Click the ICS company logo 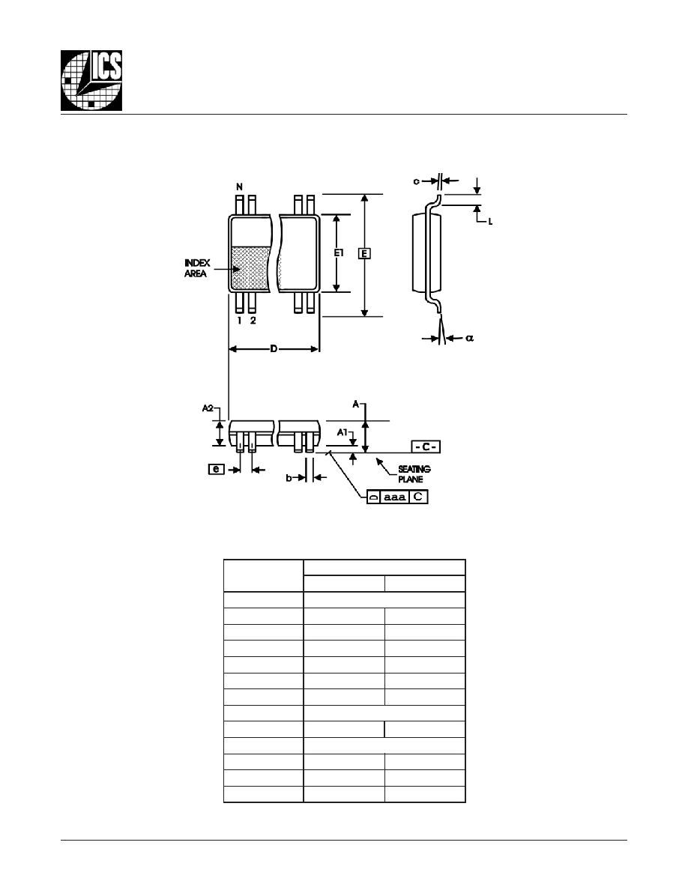click(91, 81)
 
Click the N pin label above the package click(240, 187)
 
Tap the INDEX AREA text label click(197, 268)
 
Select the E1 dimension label click(338, 253)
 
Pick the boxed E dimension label click(364, 253)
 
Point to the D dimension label click(274, 348)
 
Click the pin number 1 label click(240, 321)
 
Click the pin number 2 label click(253, 321)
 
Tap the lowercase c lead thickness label click(416, 181)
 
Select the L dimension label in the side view click(490, 221)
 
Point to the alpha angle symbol click(469, 339)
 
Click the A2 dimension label click(208, 408)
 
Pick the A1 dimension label click(343, 432)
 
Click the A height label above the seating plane click(356, 404)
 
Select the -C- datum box click(426, 446)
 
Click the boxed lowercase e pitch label click(217, 470)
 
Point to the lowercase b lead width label click(289, 479)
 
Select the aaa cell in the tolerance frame click(394, 497)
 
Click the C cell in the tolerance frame click(418, 497)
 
